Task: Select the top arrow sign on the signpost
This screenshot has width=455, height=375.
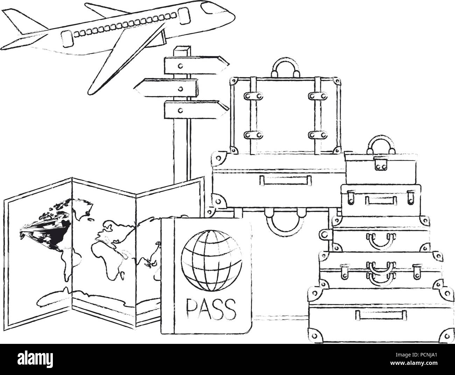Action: pyautogui.click(x=196, y=65)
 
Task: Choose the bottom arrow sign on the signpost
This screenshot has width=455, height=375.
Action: pyautogui.click(x=196, y=109)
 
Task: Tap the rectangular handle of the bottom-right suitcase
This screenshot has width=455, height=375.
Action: pyautogui.click(x=381, y=315)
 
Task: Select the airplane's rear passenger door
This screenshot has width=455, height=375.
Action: pyautogui.click(x=67, y=39)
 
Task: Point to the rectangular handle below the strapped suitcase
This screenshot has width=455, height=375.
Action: pyautogui.click(x=286, y=180)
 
